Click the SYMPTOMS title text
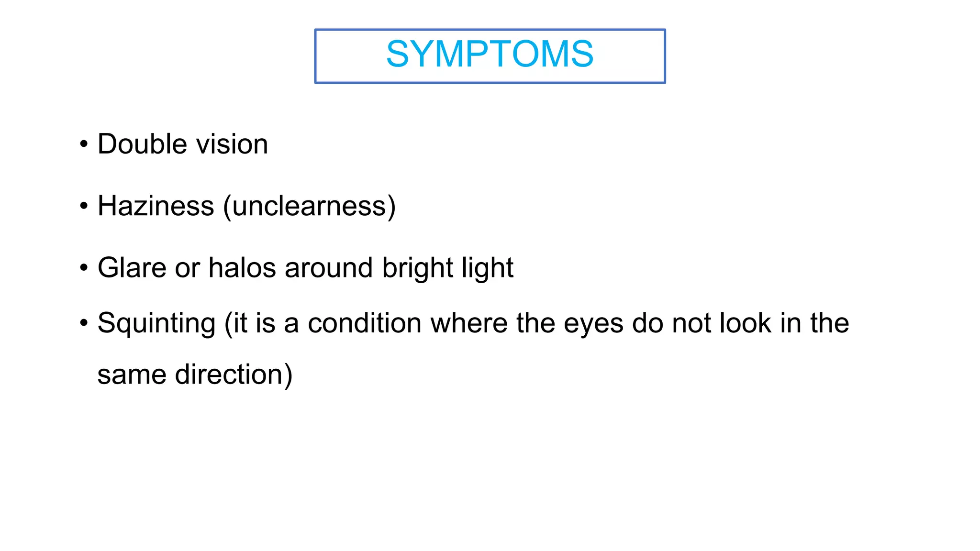pyautogui.click(x=490, y=54)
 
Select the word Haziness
pyautogui.click(x=156, y=206)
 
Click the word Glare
pyautogui.click(x=132, y=267)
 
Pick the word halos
pyautogui.click(x=242, y=267)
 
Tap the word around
pyautogui.click(x=329, y=267)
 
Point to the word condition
pyautogui.click(x=365, y=323)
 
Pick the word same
pyautogui.click(x=132, y=375)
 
